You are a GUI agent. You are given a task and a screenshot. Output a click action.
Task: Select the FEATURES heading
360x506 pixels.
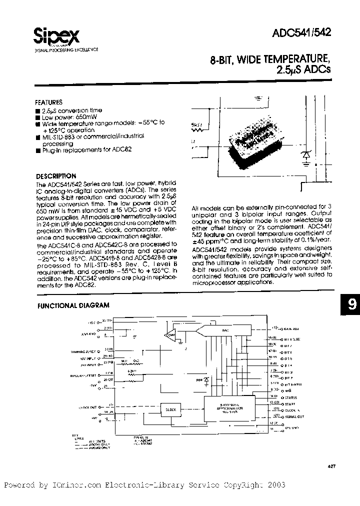coord(48,101)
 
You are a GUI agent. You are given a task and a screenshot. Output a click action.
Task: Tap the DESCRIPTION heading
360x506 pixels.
coord(56,176)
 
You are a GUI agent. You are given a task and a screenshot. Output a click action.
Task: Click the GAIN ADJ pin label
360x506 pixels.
coord(291,328)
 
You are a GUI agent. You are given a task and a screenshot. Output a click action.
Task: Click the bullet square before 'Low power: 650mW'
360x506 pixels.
coord(38,117)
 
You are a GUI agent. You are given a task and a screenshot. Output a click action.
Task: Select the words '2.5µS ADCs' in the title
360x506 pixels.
coord(300,70)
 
